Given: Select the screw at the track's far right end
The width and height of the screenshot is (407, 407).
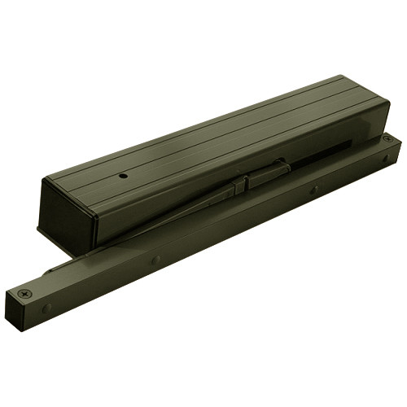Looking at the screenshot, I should [x=386, y=141].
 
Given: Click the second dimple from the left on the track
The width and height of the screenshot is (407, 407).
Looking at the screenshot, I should [x=155, y=260].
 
